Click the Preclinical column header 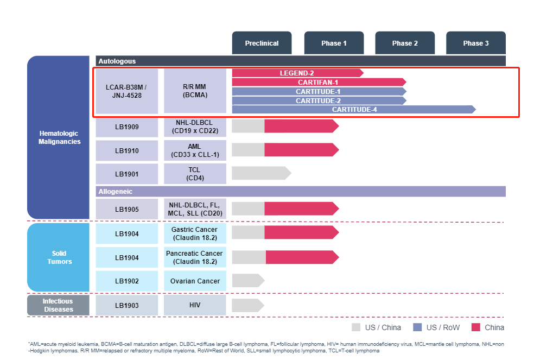click(x=262, y=43)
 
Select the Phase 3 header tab click(x=476, y=43)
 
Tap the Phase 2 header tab click(x=405, y=43)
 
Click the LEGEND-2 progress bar click(x=297, y=73)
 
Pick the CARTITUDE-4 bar click(x=354, y=110)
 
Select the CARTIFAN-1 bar click(x=319, y=82)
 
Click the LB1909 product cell click(x=126, y=127)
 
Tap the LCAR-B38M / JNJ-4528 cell click(x=126, y=91)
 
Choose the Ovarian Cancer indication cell click(x=195, y=281)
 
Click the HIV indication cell click(x=195, y=305)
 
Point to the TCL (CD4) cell click(x=195, y=174)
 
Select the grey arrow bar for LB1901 click(x=261, y=173)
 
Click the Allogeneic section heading click(x=116, y=192)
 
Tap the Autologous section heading click(x=117, y=61)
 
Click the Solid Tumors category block click(x=58, y=257)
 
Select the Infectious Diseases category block click(x=58, y=305)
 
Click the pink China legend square click(x=476, y=327)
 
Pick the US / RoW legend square click(x=417, y=327)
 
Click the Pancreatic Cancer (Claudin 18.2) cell click(x=195, y=257)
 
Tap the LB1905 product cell click(x=126, y=209)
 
